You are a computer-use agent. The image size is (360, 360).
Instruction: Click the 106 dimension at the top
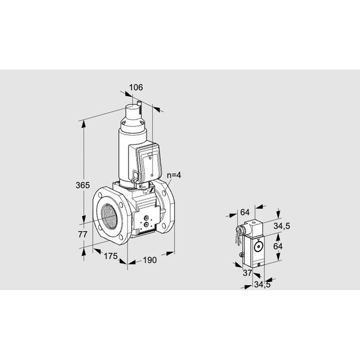pos(136,88)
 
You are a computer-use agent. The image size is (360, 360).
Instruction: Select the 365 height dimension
pos(83,185)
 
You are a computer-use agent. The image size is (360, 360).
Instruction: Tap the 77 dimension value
pos(83,235)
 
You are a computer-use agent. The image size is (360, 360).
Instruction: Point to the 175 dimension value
pos(110,256)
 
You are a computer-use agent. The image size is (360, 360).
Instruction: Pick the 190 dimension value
pos(149,260)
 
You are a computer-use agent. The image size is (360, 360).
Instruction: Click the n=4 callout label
pos(174,175)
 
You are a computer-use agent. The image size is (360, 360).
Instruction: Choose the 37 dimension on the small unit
pos(247,273)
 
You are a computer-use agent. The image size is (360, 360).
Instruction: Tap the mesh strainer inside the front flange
pos(109,216)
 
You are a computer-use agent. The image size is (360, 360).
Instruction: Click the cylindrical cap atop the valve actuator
pos(133,112)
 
